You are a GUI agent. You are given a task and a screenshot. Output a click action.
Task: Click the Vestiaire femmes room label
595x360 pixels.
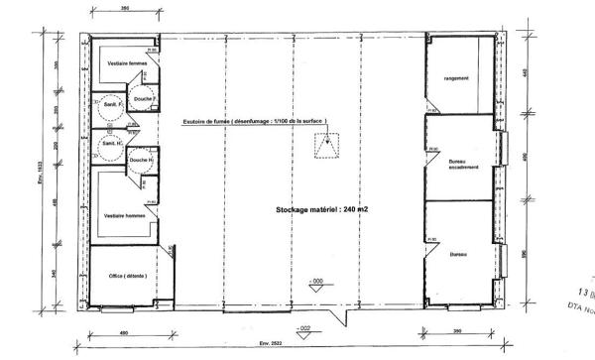[124, 62]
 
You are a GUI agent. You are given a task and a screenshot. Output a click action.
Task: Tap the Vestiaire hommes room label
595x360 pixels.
[122, 215]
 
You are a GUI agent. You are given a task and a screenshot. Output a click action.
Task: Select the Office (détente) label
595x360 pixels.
[117, 275]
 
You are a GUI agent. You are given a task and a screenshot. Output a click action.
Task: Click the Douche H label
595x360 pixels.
[140, 160]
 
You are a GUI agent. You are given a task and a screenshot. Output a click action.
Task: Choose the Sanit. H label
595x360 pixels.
[108, 143]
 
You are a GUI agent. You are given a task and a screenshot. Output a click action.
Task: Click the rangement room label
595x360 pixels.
[457, 78]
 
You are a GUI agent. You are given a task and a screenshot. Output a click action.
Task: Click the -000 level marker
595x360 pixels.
[317, 282]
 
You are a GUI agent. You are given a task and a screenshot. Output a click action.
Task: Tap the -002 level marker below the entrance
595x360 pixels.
[309, 326]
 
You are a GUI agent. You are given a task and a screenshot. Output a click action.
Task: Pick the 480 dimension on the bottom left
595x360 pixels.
[121, 333]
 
